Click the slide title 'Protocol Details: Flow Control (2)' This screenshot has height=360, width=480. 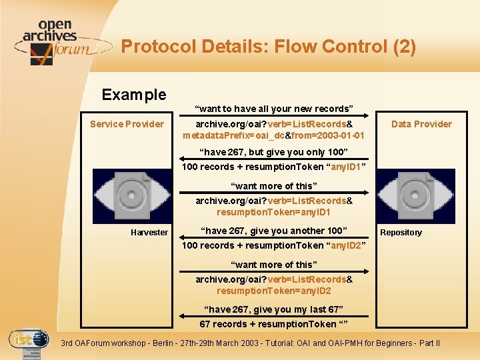click(268, 47)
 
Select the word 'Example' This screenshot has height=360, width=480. click(133, 95)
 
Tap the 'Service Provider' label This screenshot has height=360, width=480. click(127, 124)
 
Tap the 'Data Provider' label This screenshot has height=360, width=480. click(421, 124)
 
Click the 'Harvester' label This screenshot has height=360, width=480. click(149, 232)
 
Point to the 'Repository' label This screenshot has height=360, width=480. click(401, 233)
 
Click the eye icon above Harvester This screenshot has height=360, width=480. click(131, 195)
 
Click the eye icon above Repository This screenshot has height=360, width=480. click(415, 195)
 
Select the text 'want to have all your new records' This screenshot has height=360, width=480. click(273, 109)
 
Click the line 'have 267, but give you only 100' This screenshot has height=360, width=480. click(273, 152)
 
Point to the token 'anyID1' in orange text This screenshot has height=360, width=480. click(345, 167)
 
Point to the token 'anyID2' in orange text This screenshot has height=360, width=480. click(345, 245)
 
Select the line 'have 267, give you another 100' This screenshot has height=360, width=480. click(273, 231)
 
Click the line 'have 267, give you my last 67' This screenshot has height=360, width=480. click(273, 309)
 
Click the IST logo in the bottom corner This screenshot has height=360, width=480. click(29, 343)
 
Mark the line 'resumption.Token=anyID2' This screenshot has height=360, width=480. click(273, 291)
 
